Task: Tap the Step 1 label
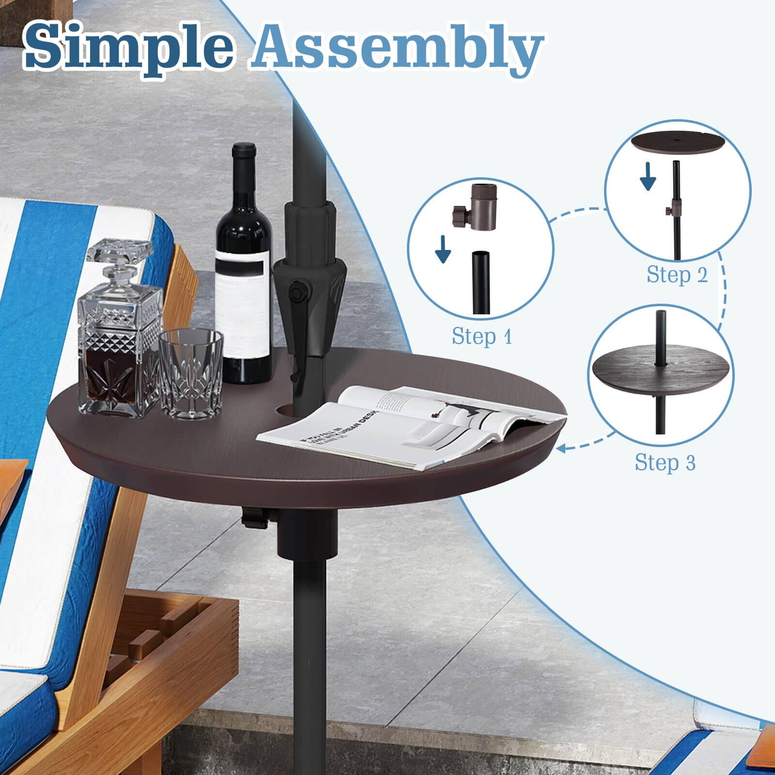(x=481, y=336)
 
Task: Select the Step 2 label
(x=677, y=275)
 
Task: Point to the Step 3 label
(x=665, y=462)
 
